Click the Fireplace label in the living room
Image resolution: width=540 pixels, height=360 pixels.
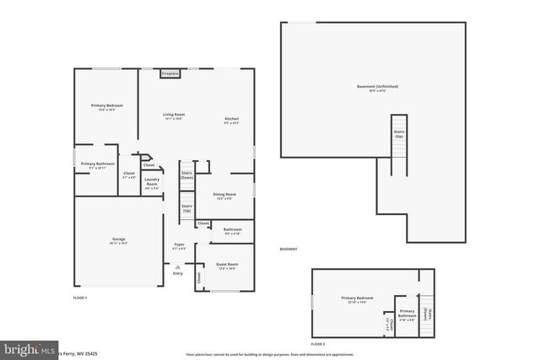coord(170,74)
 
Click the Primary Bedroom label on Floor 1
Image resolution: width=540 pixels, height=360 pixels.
coord(107,106)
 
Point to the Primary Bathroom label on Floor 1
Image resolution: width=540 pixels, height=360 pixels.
coord(98,164)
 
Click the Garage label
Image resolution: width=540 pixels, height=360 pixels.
coord(118,240)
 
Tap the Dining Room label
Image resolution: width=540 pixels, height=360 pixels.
coord(224,196)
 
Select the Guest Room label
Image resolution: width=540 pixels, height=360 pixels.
coord(227,266)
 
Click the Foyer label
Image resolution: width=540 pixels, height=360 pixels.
coord(179,245)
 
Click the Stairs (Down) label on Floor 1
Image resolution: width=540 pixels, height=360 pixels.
coord(186,175)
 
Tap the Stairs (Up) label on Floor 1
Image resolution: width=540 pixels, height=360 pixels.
coord(186,207)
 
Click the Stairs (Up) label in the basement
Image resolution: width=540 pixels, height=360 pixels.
coord(398,133)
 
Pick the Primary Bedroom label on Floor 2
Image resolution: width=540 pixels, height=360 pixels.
coord(357,299)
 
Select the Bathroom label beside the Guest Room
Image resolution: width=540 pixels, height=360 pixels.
coord(232,231)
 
